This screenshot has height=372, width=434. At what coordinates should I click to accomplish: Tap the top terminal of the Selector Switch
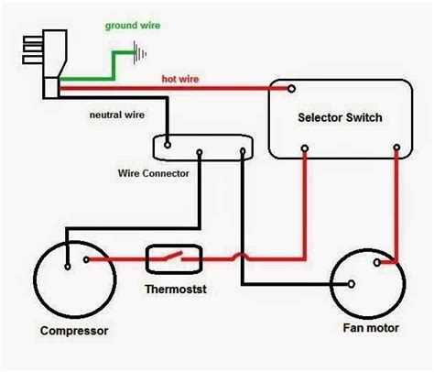[291, 89]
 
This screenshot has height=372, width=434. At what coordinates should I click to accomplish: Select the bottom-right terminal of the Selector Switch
[396, 147]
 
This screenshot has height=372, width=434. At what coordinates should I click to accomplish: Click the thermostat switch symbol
[174, 259]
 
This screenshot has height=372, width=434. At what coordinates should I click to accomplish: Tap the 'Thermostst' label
[174, 290]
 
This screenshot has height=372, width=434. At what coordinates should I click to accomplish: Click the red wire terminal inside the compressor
[87, 260]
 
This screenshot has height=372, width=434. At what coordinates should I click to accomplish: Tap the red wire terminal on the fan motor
[374, 264]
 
